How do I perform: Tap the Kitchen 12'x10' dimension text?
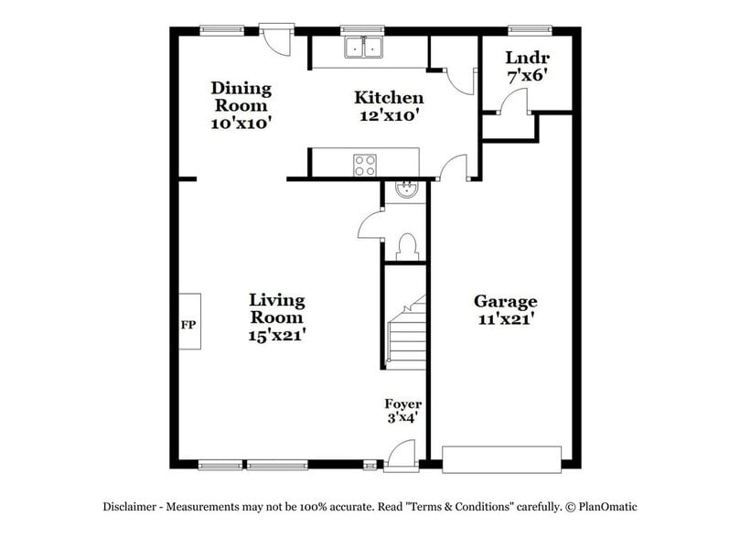(389, 116)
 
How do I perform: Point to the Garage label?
(505, 301)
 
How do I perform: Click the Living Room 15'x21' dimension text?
(276, 336)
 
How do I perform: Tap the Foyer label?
(402, 403)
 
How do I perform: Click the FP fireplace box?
(189, 325)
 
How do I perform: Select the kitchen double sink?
(363, 48)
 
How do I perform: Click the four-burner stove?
(365, 165)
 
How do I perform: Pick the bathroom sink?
(405, 190)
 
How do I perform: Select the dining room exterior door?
(274, 38)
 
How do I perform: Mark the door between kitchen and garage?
(453, 168)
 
